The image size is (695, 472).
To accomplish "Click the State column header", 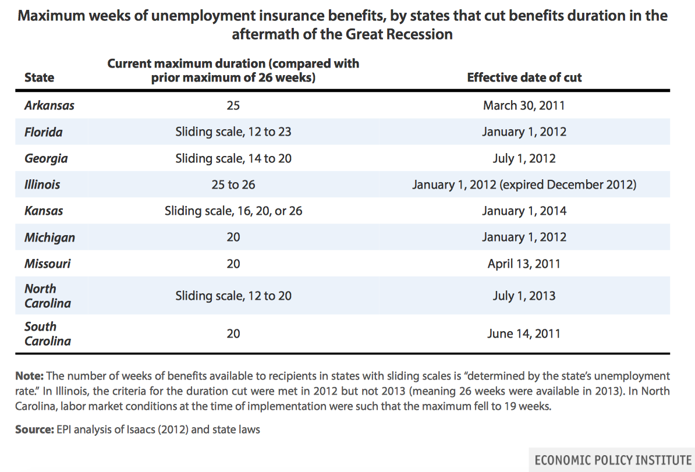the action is (x=39, y=77).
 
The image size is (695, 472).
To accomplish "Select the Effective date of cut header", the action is (x=524, y=77).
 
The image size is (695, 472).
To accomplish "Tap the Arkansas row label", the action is (x=49, y=105).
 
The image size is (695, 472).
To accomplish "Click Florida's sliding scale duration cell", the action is (x=233, y=132).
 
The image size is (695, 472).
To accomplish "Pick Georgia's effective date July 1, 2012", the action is (x=524, y=158).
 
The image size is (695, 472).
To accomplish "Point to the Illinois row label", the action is (x=42, y=184).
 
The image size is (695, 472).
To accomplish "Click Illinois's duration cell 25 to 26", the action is (x=233, y=184).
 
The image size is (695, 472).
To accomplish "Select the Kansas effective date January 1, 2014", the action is (x=524, y=211).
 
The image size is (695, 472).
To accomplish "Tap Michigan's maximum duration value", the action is (x=233, y=237).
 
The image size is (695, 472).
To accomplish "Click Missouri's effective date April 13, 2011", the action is (x=524, y=264).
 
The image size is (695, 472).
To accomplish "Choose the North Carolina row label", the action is (x=47, y=296).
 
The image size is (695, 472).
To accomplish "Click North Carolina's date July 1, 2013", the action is (x=524, y=296).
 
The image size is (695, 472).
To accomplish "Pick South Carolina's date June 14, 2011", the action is (x=524, y=333).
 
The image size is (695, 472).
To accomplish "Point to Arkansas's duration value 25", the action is (x=233, y=105).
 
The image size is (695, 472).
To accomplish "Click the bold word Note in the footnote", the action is (x=29, y=376).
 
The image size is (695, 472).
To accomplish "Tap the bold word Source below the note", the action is (x=34, y=430).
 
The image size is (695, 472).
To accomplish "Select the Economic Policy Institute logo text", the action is (x=612, y=460).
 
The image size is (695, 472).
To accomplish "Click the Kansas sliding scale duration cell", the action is (x=233, y=211).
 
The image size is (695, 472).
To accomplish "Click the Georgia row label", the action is (x=46, y=158).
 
